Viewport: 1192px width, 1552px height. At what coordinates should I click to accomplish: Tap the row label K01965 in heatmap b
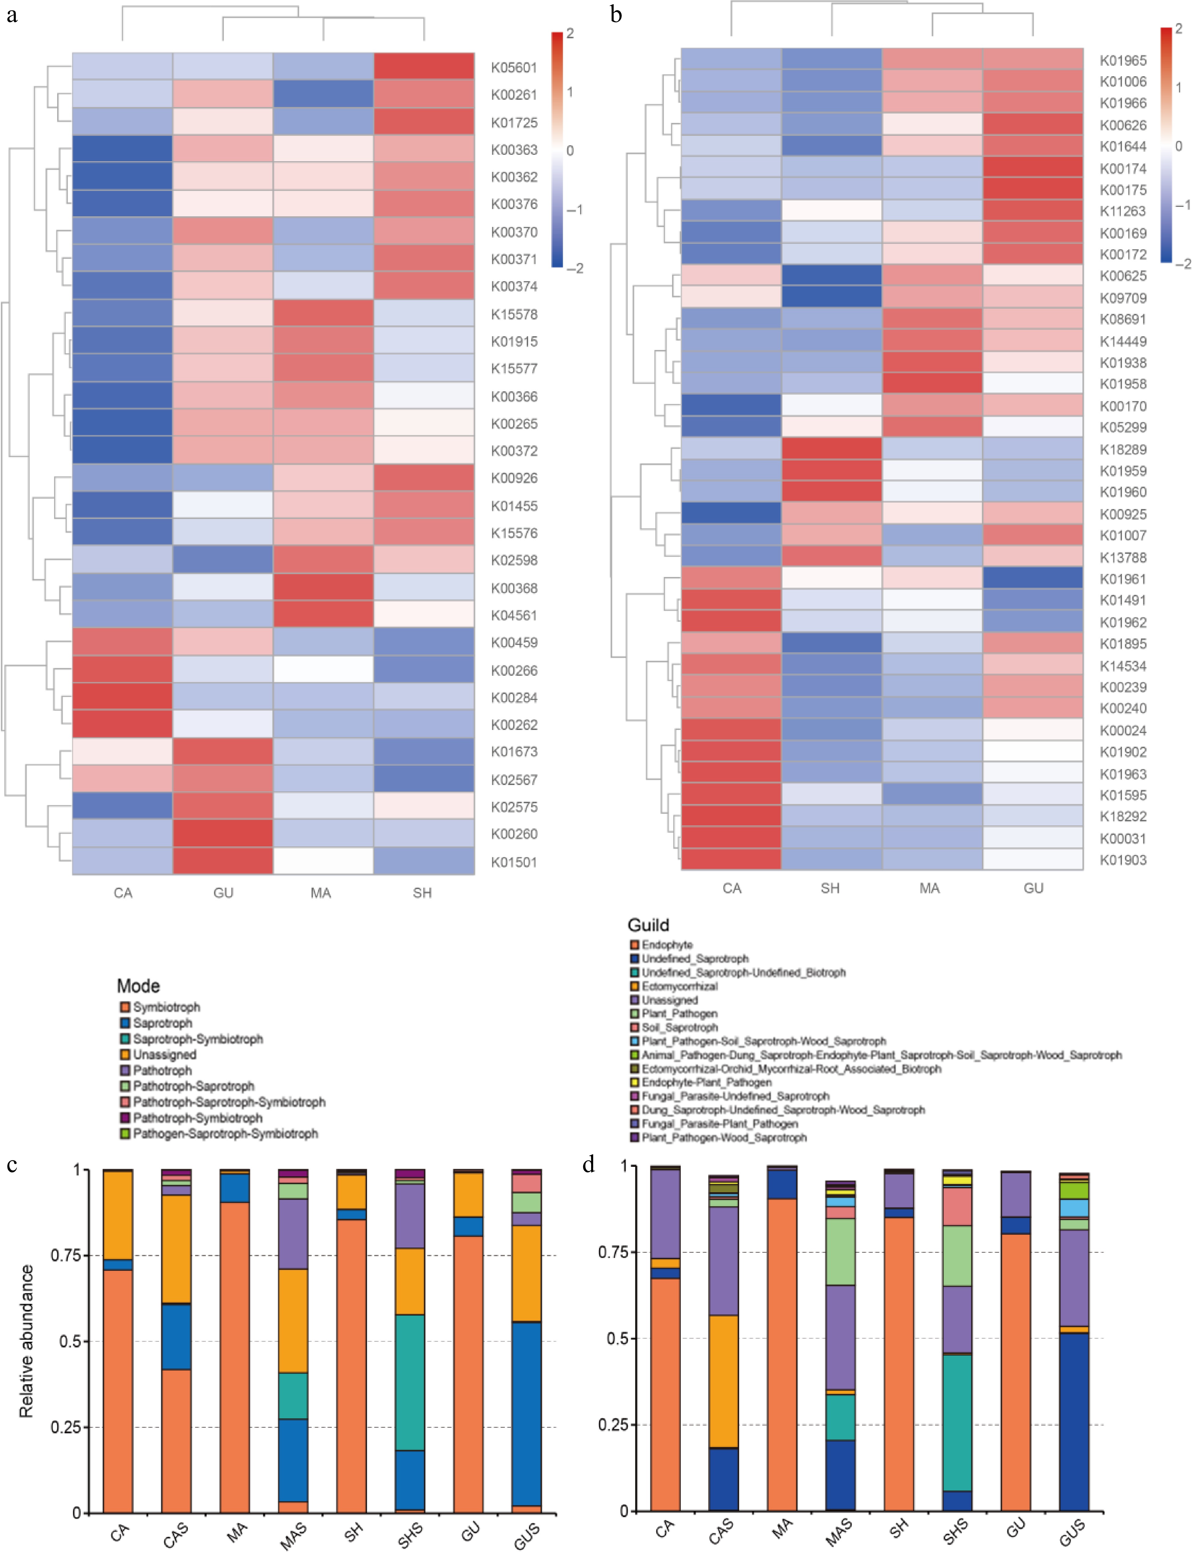[1123, 60]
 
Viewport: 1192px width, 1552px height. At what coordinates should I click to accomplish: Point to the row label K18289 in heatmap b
[1123, 449]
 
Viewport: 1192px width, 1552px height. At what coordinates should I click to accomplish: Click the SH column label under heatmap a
[422, 893]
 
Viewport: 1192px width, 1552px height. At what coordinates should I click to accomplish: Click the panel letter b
[616, 14]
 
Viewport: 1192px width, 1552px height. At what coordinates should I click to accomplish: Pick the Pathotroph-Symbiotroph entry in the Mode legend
[197, 1118]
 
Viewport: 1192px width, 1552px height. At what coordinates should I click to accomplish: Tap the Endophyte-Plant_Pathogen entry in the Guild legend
[706, 1082]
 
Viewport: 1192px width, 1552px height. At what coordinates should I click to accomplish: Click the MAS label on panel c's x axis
[293, 1535]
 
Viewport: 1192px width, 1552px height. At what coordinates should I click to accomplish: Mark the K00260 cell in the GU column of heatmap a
[223, 834]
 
